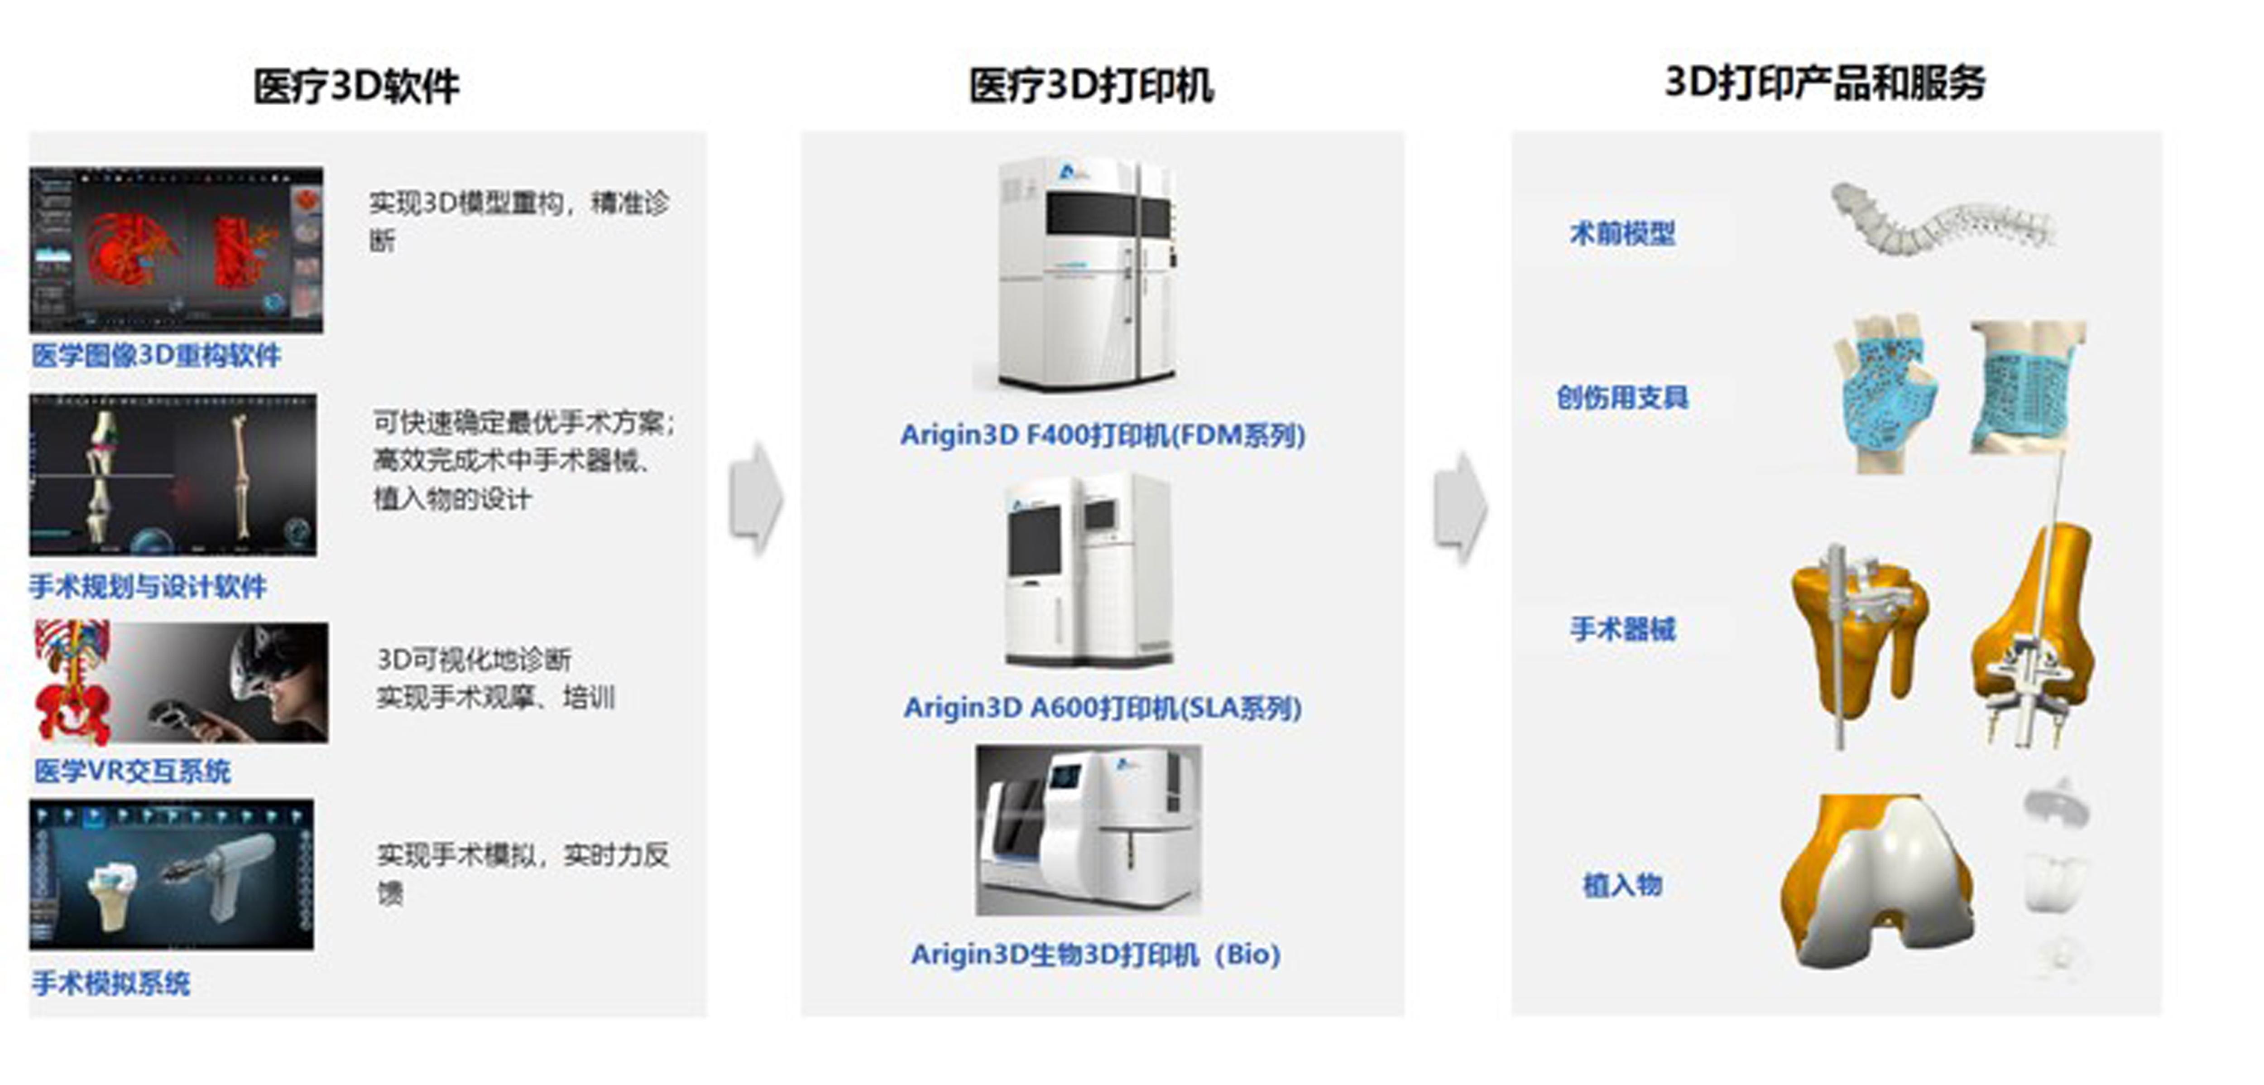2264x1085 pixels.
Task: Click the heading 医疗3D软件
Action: [x=356, y=86]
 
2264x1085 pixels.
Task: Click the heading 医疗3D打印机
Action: [x=1091, y=86]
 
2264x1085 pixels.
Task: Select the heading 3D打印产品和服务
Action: [x=1825, y=83]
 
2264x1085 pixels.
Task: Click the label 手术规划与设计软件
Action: [x=148, y=587]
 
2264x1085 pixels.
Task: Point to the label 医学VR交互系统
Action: [x=132, y=771]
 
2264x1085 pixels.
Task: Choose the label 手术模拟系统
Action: [x=111, y=983]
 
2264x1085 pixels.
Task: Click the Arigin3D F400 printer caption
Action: [x=1102, y=435]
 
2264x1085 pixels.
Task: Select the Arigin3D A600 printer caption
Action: [x=1102, y=708]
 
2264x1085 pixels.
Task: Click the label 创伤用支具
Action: [x=1622, y=397]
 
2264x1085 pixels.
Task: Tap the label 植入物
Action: [x=1622, y=884]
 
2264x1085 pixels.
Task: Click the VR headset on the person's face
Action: [x=273, y=673]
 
